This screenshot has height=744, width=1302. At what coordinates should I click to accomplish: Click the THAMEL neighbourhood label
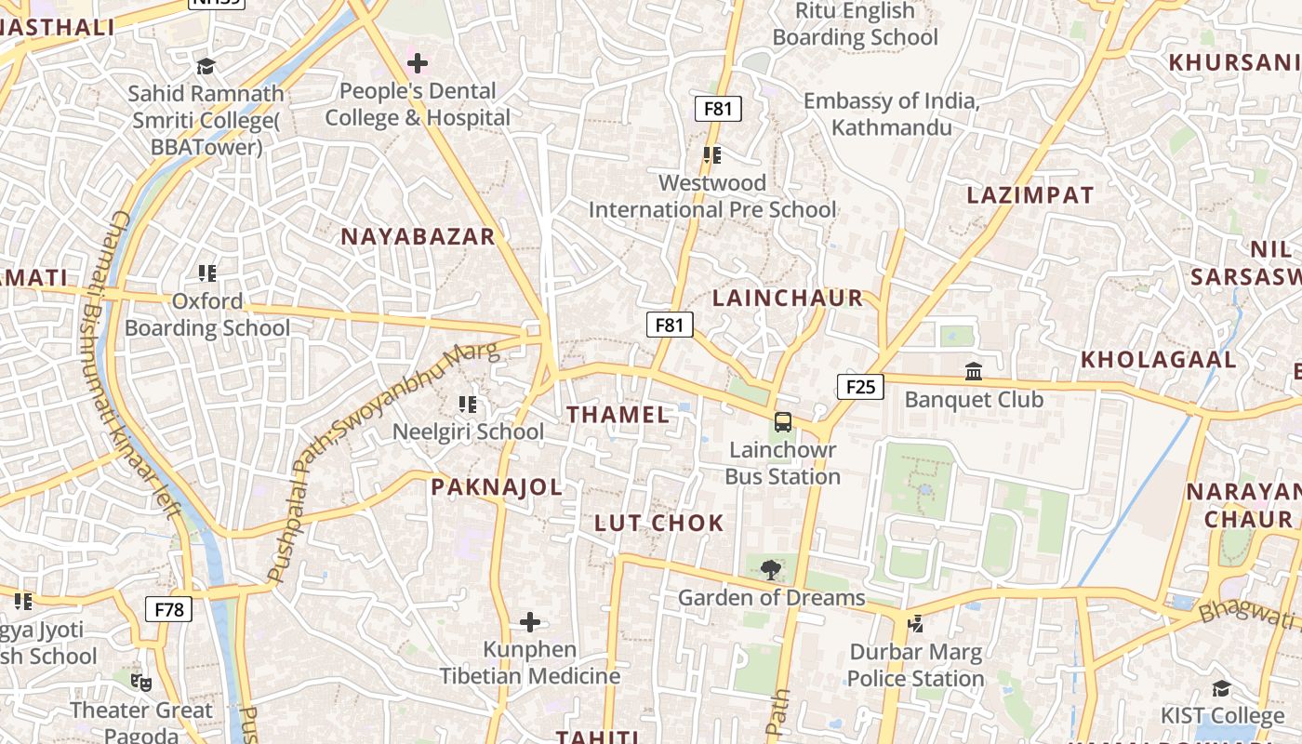[x=618, y=415]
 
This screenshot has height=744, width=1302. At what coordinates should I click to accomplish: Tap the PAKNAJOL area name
[x=497, y=487]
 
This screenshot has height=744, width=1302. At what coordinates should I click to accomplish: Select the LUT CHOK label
[x=658, y=523]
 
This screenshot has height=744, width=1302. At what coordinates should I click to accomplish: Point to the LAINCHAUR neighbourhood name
[x=788, y=299]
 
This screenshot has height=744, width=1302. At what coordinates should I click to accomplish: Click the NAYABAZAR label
[x=418, y=236]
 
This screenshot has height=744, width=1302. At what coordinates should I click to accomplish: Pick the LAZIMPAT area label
[x=1030, y=195]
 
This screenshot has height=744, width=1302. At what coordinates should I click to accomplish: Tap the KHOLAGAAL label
[x=1158, y=360]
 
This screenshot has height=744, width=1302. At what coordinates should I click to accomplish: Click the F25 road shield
[x=860, y=387]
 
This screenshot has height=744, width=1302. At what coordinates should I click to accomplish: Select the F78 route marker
[x=168, y=610]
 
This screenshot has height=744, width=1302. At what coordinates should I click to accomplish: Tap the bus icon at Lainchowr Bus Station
[x=783, y=422]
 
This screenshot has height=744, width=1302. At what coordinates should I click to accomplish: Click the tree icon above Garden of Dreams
[x=770, y=569]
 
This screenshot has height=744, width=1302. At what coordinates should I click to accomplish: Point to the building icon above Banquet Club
[x=974, y=372]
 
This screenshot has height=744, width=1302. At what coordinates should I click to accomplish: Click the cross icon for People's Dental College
[x=418, y=63]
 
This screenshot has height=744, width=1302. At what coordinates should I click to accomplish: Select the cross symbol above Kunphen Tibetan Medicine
[x=530, y=621]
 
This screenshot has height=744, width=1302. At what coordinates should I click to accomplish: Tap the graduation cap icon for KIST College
[x=1221, y=688]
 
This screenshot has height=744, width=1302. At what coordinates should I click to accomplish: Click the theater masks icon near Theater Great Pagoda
[x=141, y=683]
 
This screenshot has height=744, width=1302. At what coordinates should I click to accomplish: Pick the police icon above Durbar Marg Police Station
[x=915, y=624]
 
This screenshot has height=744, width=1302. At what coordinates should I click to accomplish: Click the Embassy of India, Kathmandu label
[x=892, y=113]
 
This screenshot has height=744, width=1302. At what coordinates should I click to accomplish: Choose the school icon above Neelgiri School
[x=468, y=405]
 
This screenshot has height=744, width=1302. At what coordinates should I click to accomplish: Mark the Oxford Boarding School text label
[x=207, y=314]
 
